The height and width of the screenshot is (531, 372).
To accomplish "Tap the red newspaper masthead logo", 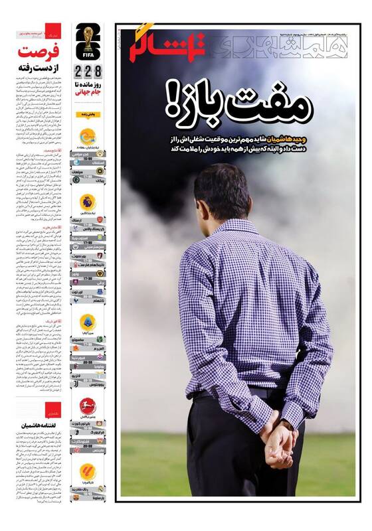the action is pos(167,44).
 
